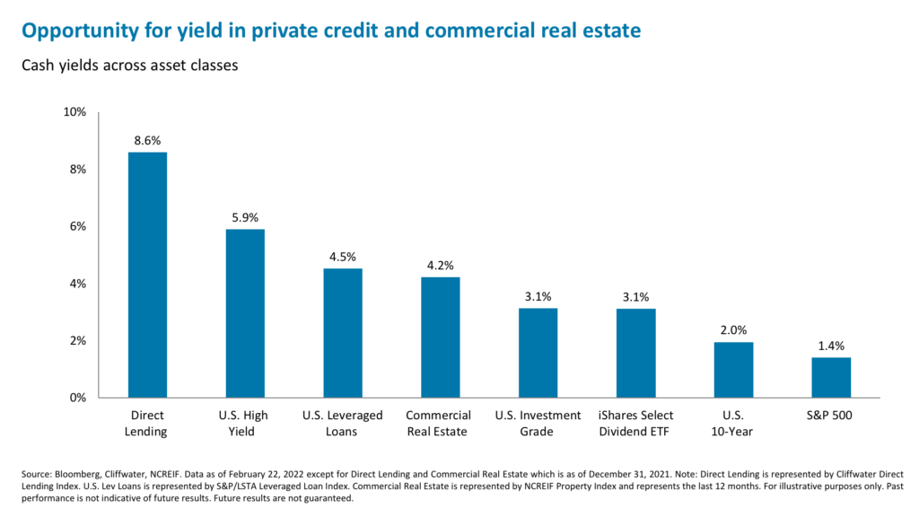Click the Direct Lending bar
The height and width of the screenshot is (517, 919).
point(147,275)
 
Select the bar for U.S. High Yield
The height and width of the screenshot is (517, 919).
point(245,313)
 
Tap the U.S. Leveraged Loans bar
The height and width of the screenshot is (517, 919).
point(343,333)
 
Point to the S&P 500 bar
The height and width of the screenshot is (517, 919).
point(831,377)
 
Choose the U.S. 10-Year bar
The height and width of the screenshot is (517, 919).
point(733,369)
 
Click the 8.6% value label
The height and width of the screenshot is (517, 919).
point(147,141)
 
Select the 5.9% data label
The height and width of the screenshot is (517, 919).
point(245,218)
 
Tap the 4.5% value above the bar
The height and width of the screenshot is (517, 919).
point(343,258)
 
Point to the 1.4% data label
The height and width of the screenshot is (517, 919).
point(831,346)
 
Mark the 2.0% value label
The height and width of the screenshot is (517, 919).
point(733,330)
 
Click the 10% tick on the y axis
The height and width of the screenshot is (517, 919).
point(74,112)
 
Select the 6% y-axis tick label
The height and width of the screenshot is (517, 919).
point(77,226)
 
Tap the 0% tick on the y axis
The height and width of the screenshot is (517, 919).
point(77,398)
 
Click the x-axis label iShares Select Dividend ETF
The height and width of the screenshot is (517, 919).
point(635,423)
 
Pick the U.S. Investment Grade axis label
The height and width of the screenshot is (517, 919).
point(538,423)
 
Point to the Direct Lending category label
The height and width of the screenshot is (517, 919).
point(147,423)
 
